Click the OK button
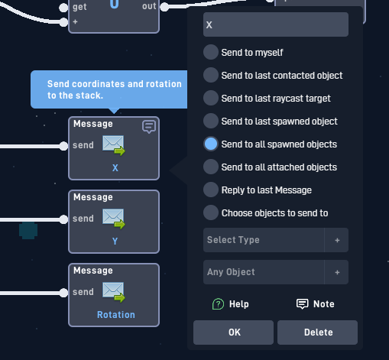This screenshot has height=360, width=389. coord(233,332)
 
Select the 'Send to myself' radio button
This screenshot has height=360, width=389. coord(211,52)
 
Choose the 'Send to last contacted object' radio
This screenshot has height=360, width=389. coord(211,75)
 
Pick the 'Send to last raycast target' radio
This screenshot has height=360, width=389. coord(211,98)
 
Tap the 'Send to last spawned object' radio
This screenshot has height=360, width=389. coord(211,121)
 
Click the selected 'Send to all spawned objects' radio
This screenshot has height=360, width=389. coord(211,144)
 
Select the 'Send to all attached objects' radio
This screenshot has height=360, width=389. coord(211,167)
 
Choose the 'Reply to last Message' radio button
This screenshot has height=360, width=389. coord(211,190)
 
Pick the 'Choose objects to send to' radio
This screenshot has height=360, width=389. coord(211,212)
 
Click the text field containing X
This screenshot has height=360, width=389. coord(276,24)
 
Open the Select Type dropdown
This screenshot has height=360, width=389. coord(264,240)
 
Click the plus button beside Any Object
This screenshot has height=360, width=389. coord(337,272)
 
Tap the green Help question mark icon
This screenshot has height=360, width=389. coord(218,304)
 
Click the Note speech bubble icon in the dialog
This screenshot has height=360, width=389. coord(303,304)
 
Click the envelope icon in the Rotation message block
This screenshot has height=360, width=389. coord(114,292)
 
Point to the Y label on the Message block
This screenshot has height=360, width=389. coord(115,241)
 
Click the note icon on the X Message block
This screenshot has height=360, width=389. coord(149,127)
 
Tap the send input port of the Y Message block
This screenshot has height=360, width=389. coord(63,219)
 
